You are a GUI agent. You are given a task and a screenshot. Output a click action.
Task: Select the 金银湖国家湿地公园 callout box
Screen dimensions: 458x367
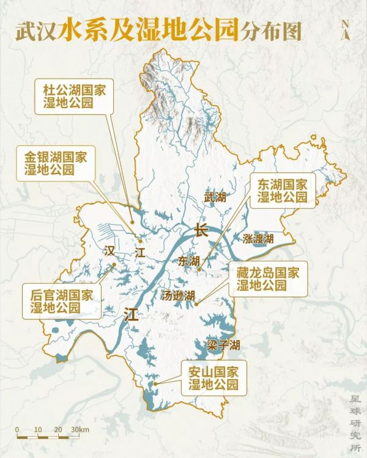56,163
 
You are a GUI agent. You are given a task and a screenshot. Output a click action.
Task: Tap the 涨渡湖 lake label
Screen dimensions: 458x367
258,238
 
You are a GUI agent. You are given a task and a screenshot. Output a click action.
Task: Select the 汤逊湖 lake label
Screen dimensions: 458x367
178,296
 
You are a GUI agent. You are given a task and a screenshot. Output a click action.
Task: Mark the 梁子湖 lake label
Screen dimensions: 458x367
223,346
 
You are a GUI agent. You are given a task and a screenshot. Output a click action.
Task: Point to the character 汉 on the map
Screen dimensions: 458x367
109,250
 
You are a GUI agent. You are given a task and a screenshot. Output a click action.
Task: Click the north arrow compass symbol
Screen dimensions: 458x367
347,29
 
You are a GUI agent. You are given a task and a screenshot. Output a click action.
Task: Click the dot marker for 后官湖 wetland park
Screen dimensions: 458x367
114,264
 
